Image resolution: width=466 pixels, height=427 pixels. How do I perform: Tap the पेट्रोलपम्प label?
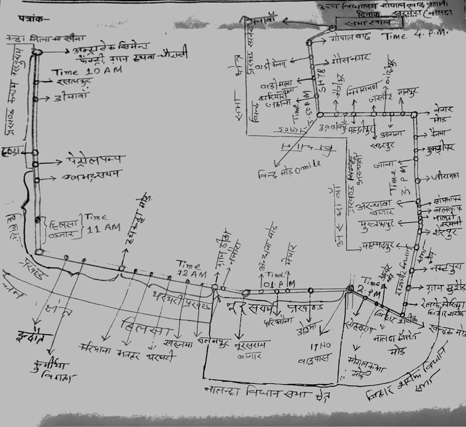(x=95, y=159)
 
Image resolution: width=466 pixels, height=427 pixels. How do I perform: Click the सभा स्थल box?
(x=357, y=23)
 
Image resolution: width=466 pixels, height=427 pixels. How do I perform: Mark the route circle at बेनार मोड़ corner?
(x=414, y=115)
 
